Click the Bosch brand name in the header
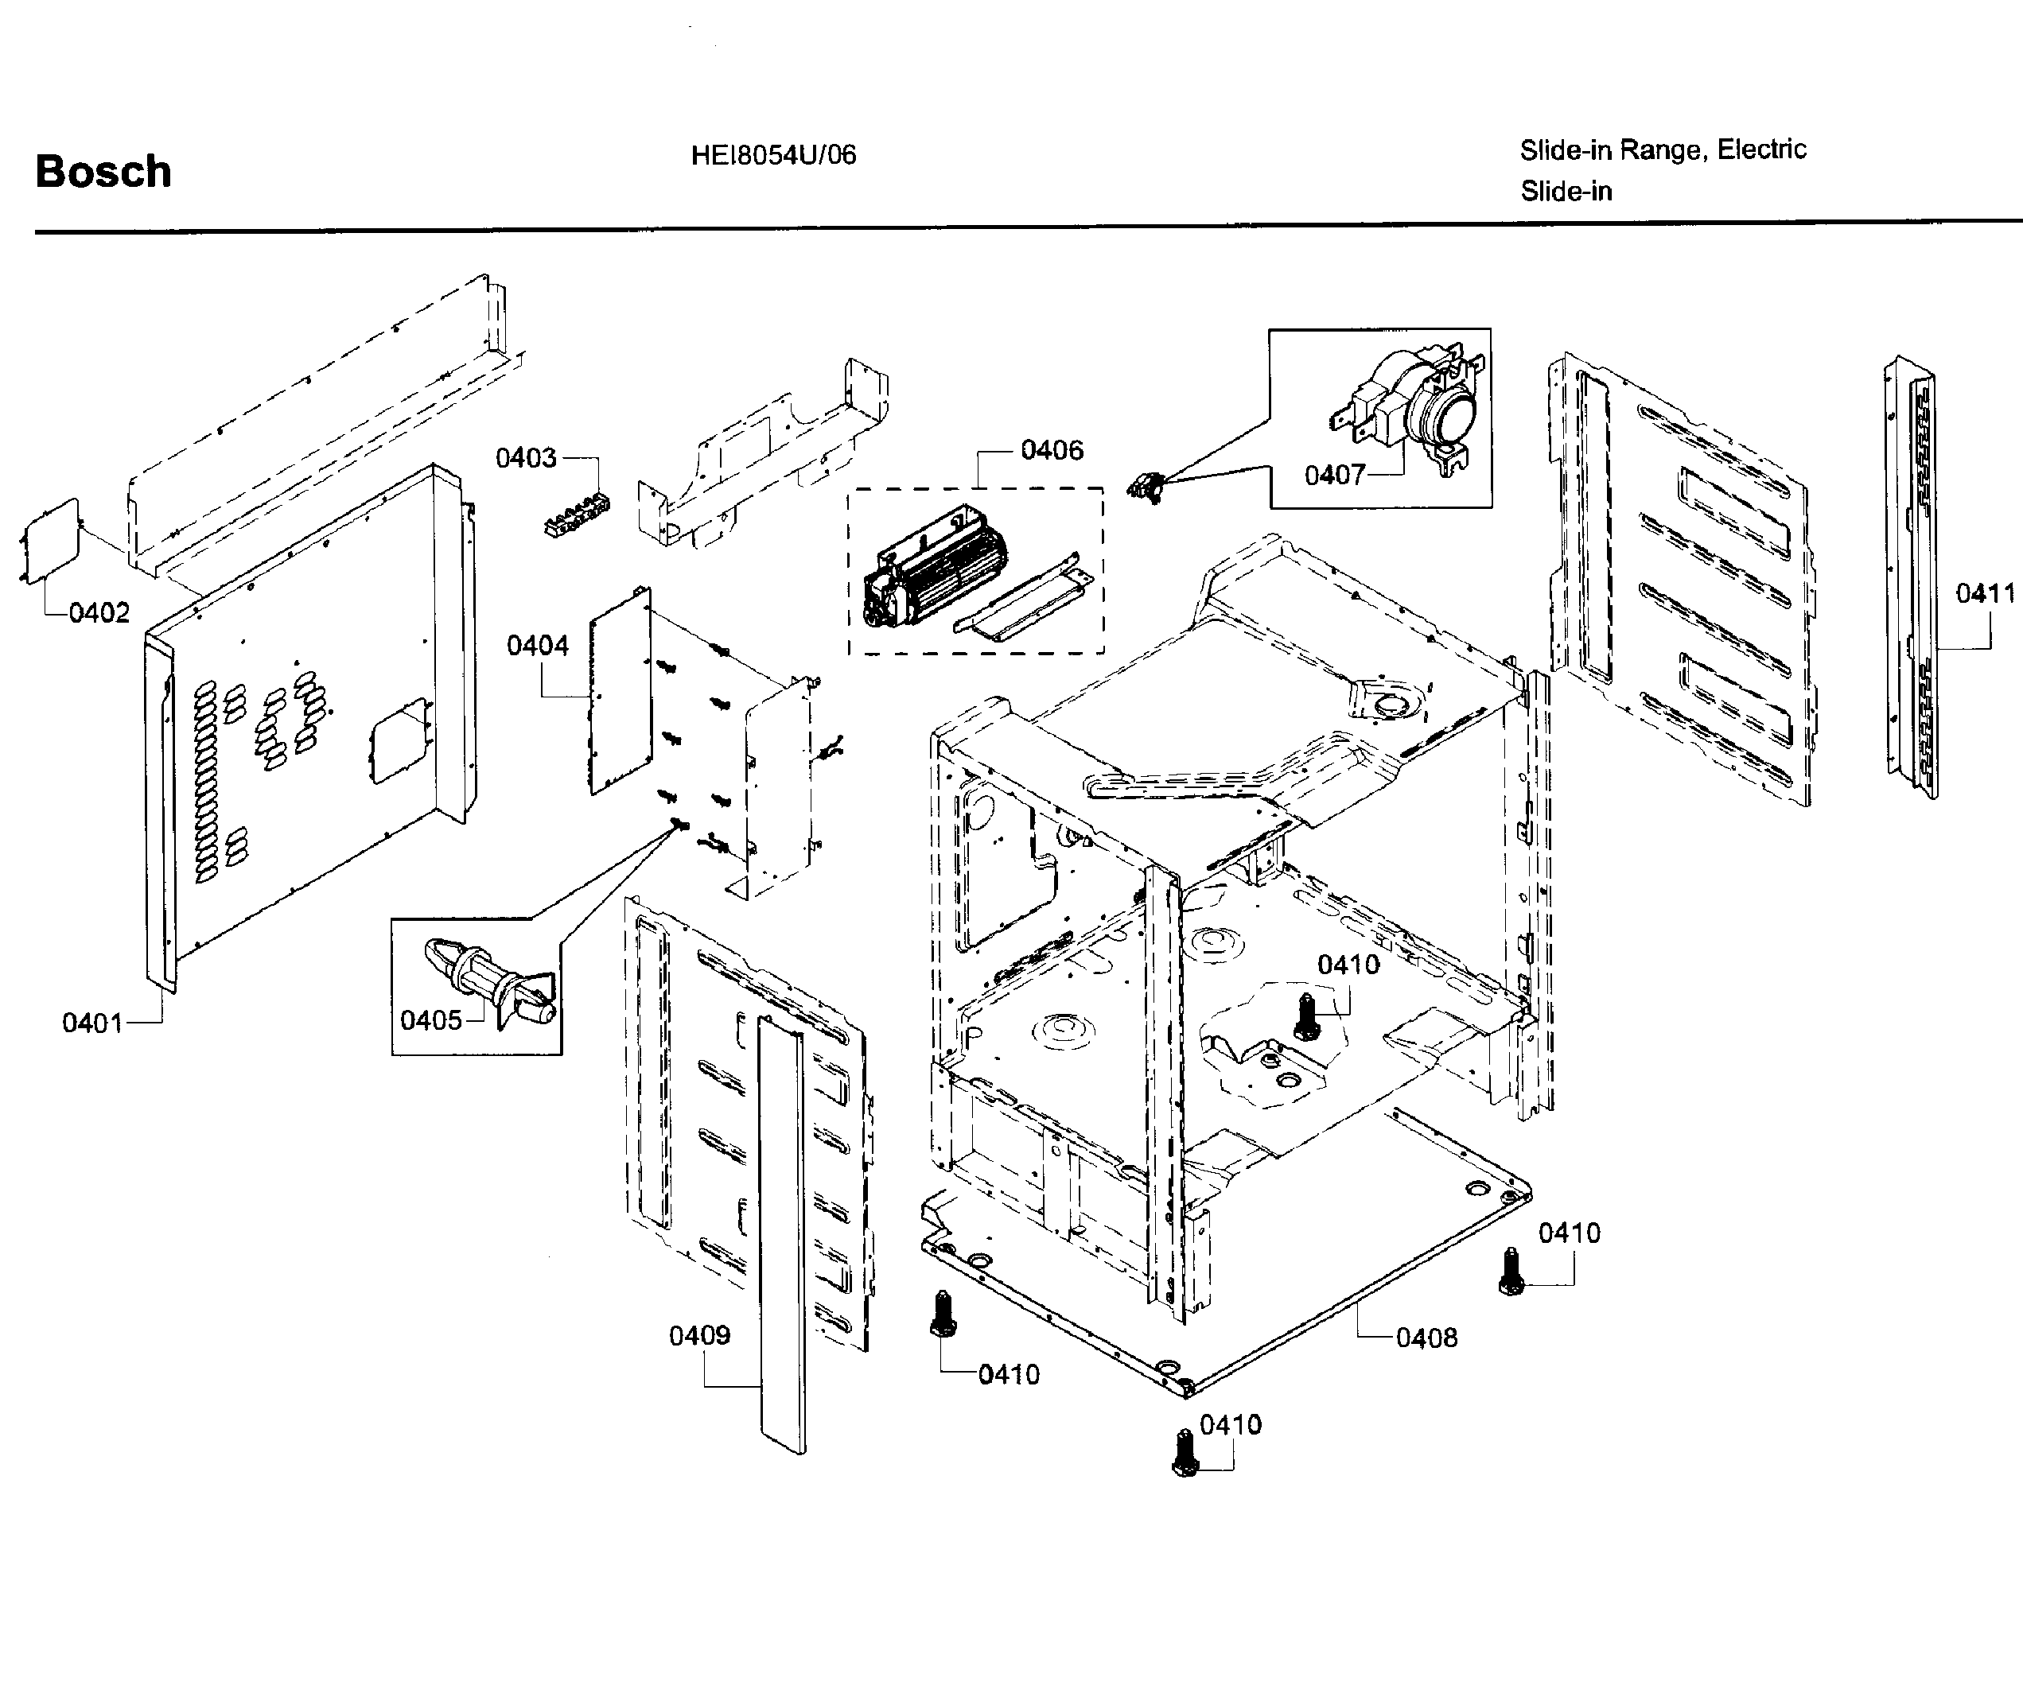pos(103,172)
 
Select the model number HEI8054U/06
pos(772,155)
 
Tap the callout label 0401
pos(91,1023)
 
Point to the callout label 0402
pos(99,612)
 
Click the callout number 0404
pos(537,645)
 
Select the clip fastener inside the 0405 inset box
pos(490,981)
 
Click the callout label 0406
pos(1051,450)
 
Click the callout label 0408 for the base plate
pos(1426,1338)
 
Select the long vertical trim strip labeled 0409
pos(780,1233)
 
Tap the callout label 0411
pos(1985,593)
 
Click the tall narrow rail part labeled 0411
pos(1912,578)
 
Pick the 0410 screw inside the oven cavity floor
pos(1306,1017)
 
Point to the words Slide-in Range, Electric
pos(1663,150)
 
